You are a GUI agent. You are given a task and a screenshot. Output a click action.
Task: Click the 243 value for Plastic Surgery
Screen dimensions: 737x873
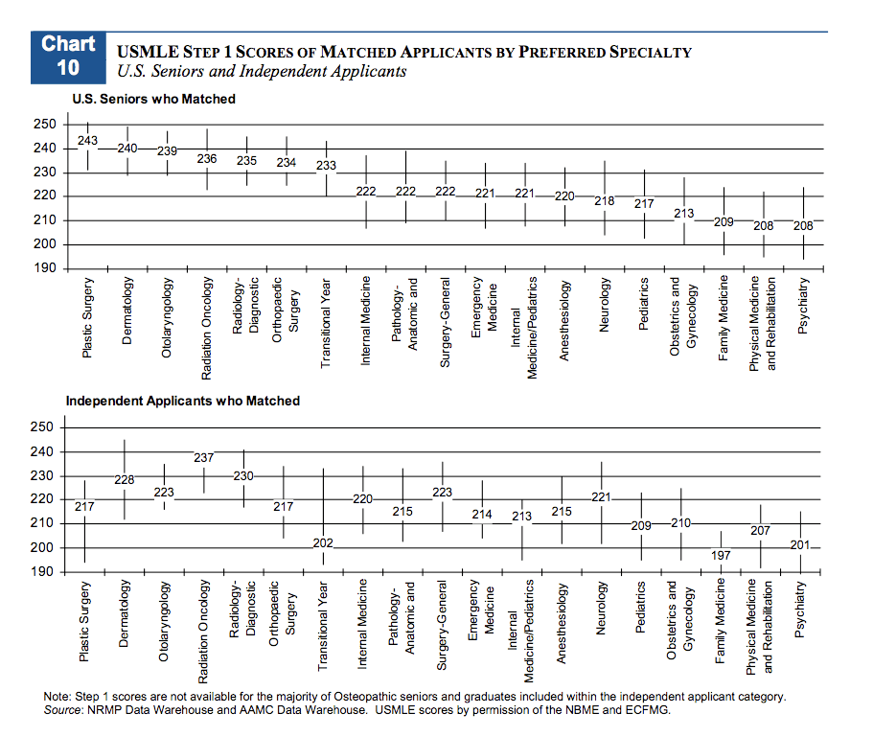(x=88, y=141)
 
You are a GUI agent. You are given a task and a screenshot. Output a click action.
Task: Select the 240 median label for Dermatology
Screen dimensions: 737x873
(x=127, y=149)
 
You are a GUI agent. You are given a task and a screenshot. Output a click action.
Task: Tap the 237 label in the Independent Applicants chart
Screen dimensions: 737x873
(x=203, y=458)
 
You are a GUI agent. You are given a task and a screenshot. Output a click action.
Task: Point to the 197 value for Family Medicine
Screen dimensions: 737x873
(x=721, y=556)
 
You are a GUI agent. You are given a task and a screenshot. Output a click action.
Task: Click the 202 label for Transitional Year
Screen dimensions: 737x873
(x=323, y=543)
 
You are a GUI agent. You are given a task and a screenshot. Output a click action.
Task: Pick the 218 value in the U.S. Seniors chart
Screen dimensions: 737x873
(x=605, y=201)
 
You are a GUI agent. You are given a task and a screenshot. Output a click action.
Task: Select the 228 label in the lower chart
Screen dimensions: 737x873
(x=125, y=479)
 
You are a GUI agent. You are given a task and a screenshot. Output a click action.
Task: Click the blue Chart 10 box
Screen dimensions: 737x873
(x=68, y=56)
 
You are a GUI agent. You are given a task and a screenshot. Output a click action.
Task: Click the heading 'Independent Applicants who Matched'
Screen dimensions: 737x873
(x=182, y=401)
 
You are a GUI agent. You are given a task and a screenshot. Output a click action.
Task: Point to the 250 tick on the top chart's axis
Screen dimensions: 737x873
(x=44, y=125)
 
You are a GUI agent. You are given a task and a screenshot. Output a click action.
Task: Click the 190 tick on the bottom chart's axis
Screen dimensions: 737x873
(x=44, y=571)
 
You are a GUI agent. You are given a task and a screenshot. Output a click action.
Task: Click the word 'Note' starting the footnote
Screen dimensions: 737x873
(x=57, y=697)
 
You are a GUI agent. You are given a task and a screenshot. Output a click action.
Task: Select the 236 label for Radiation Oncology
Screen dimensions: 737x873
(x=207, y=159)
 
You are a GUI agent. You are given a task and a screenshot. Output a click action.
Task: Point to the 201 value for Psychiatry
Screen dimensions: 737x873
(x=800, y=545)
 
